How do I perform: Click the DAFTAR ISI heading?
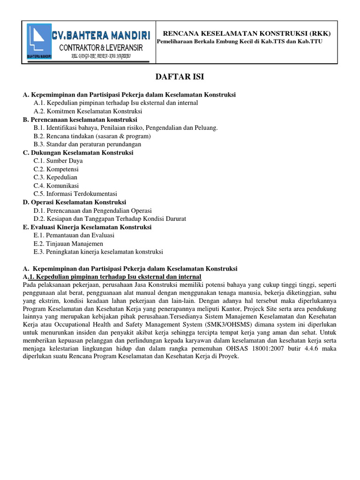pyautogui.click(x=180, y=77)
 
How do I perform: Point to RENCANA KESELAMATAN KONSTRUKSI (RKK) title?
pyautogui.click(x=246, y=33)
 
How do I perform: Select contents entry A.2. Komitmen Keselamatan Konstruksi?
pyautogui.click(x=88, y=111)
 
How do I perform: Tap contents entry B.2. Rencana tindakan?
pyautogui.click(x=92, y=136)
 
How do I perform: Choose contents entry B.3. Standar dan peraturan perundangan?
pyautogui.click(x=87, y=144)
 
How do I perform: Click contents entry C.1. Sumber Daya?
pyautogui.click(x=58, y=161)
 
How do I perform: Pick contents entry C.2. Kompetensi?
pyautogui.click(x=56, y=169)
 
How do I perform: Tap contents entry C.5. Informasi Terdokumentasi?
pyautogui.click(x=75, y=194)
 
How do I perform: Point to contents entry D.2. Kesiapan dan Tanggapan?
pyautogui.click(x=110, y=218)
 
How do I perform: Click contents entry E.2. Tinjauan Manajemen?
pyautogui.click(x=68, y=243)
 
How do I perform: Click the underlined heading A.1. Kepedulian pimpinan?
pyautogui.click(x=112, y=277)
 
